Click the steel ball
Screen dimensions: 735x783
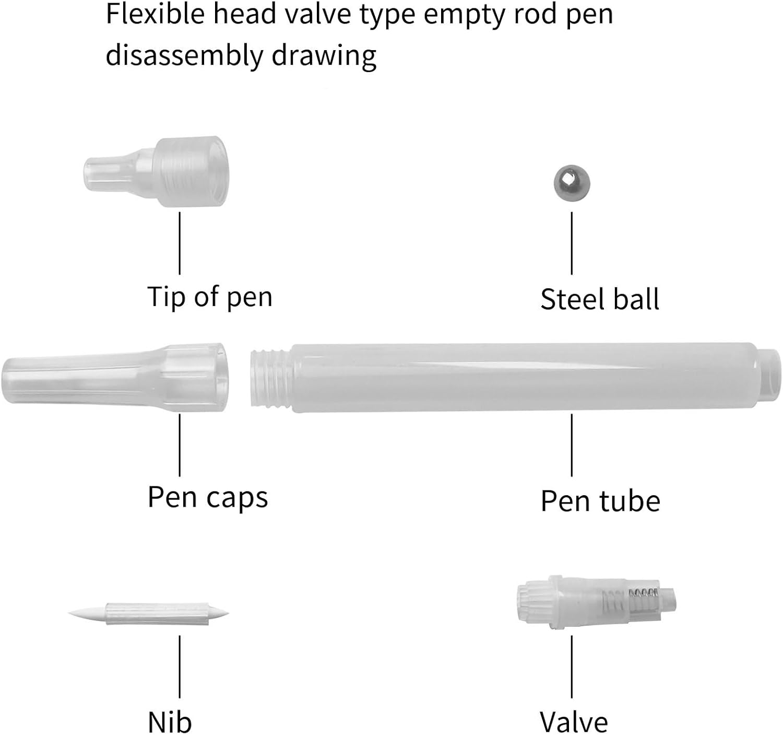pyautogui.click(x=572, y=182)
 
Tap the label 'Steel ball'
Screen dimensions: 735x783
pyautogui.click(x=600, y=299)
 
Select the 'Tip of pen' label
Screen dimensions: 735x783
pyautogui.click(x=210, y=297)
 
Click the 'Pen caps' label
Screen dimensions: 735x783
pyautogui.click(x=208, y=497)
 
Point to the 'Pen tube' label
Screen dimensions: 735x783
pyautogui.click(x=600, y=501)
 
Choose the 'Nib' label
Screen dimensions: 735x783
pyautogui.click(x=170, y=722)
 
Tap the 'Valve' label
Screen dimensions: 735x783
pyautogui.click(x=574, y=722)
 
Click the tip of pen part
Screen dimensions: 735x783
pyautogui.click(x=157, y=171)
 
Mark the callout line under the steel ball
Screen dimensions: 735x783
pyautogui.click(x=572, y=243)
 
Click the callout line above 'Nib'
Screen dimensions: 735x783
pyautogui.click(x=180, y=666)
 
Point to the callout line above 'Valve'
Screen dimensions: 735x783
pyautogui.click(x=572, y=666)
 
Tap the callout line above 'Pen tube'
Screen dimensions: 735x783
pyautogui.click(x=572, y=445)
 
